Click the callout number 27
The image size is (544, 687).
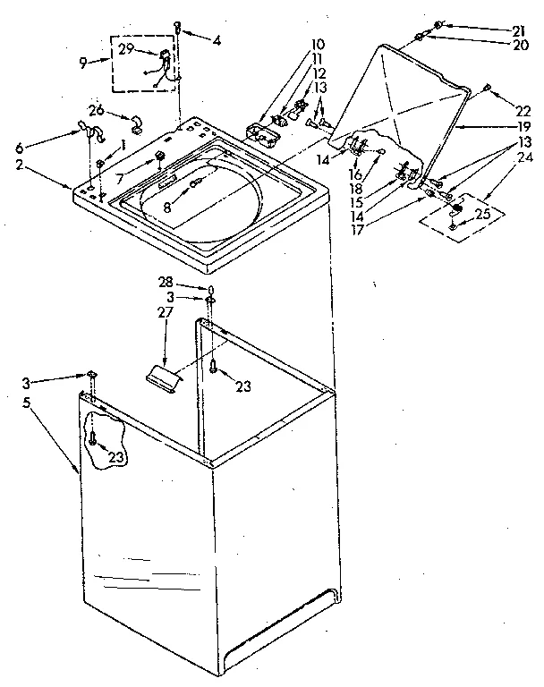pos(165,314)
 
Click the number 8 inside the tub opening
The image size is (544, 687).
pos(166,207)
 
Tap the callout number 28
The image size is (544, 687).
pos(165,282)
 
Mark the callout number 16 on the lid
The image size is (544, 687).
pos(355,174)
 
